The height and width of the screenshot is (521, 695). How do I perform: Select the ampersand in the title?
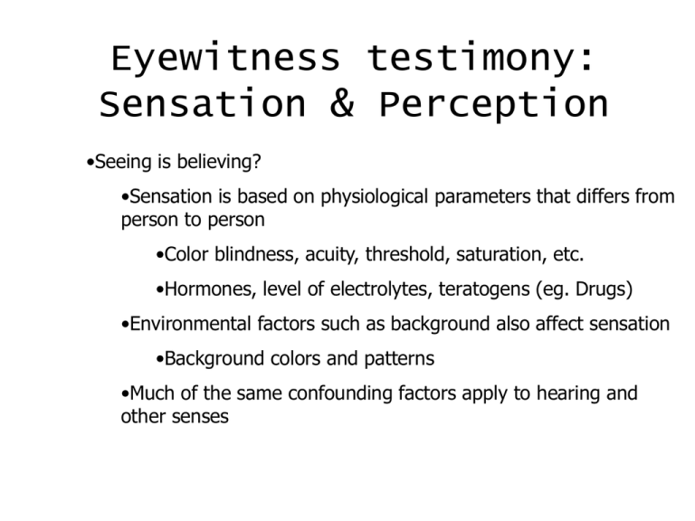point(343,106)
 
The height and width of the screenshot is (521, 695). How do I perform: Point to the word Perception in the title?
point(494,106)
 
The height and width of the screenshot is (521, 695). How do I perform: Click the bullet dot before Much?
point(124,394)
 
